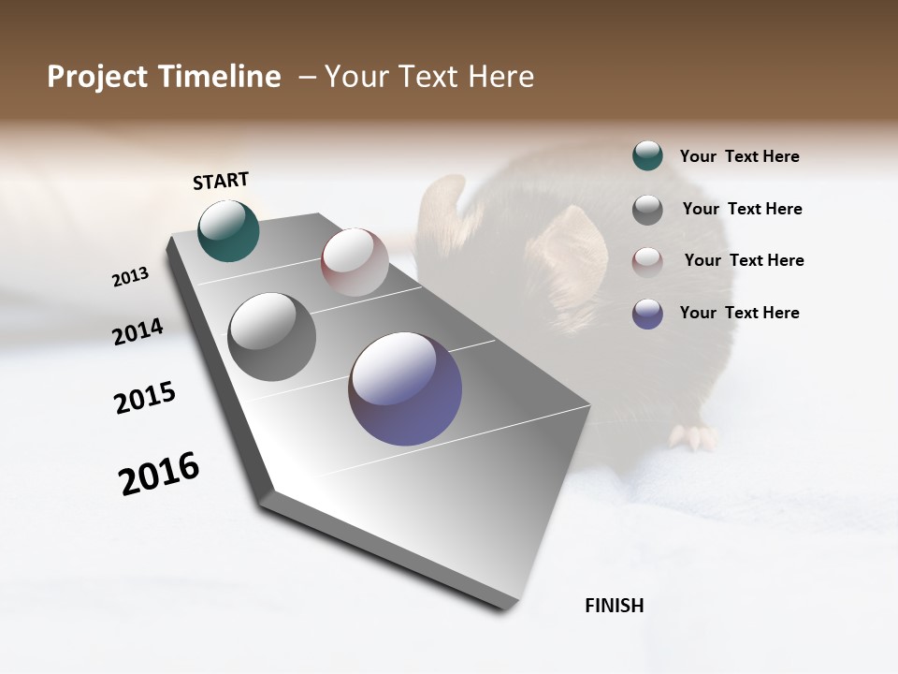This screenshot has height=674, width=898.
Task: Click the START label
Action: (221, 181)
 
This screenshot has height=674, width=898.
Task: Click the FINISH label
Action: (614, 606)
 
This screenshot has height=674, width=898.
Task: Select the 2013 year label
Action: (130, 277)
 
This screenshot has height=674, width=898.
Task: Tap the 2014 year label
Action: (138, 332)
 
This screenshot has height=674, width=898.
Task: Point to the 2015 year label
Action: (145, 398)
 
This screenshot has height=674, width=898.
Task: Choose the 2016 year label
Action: (159, 474)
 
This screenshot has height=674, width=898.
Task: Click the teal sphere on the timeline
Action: (228, 230)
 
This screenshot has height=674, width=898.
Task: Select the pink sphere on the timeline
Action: (355, 262)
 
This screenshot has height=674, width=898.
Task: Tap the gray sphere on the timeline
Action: (271, 337)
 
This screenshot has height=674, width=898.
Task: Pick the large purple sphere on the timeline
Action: (405, 388)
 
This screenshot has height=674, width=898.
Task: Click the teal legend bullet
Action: (647, 156)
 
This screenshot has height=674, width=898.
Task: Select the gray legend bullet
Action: (647, 210)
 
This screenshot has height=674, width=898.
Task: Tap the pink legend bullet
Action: (647, 261)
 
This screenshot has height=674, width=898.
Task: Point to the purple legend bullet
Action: (647, 314)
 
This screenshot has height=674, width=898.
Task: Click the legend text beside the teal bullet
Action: (739, 157)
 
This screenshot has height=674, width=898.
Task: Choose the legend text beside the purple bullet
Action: (739, 313)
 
